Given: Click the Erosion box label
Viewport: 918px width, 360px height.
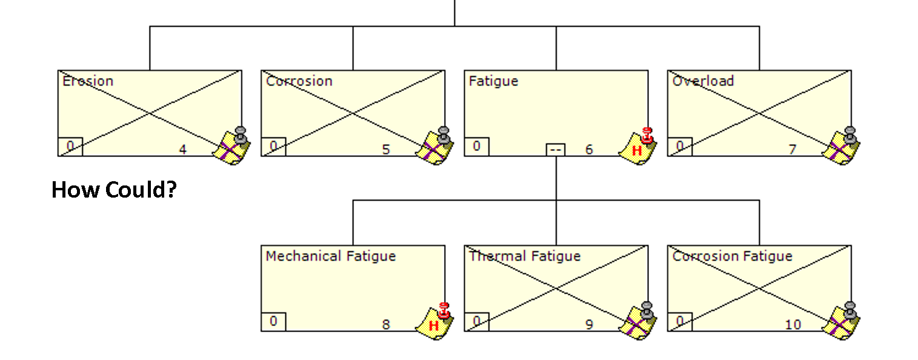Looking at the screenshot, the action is (88, 81).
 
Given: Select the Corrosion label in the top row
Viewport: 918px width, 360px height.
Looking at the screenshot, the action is (299, 81).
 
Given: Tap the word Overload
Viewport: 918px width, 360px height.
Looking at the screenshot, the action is (703, 81).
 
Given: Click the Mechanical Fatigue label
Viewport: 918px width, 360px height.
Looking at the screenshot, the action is (331, 256).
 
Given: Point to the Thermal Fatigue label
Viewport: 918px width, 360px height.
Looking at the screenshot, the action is (525, 256).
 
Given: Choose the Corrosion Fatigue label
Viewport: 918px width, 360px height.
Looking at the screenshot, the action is (733, 256).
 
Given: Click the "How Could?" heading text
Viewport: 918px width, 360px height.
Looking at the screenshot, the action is (114, 190).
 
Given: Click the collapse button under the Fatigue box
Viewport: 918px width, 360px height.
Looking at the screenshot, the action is (556, 150).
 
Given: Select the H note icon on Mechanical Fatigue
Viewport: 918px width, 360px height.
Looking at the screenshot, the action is (434, 322).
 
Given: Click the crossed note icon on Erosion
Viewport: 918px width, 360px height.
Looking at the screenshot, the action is (231, 146).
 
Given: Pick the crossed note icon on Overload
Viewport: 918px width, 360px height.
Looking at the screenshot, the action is (842, 146).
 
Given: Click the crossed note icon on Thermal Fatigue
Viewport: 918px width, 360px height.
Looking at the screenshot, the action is (637, 321).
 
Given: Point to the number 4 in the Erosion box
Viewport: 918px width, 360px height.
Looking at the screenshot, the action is (183, 150).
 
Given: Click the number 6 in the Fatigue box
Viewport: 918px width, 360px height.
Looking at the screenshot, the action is (589, 150).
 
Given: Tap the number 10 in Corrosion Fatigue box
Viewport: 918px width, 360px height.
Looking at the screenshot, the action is (793, 325).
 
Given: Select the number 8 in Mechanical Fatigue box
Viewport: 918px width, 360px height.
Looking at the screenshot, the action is (385, 325).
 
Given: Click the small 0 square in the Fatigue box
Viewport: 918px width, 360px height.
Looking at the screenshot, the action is (477, 147).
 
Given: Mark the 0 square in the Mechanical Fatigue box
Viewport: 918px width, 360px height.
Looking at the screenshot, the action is (273, 321).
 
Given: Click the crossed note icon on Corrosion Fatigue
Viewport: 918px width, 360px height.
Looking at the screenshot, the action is (842, 321).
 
